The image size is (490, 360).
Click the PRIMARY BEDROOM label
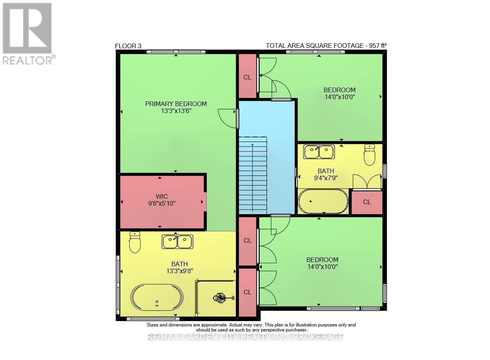(x=176, y=104)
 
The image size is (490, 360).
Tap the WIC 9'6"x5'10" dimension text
(x=162, y=203)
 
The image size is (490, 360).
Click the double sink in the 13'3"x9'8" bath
(x=177, y=242)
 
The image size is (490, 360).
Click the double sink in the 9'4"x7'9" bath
(x=319, y=152)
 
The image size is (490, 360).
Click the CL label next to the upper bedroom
(x=247, y=77)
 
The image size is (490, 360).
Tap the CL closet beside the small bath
(x=367, y=202)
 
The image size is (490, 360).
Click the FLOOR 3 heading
(x=128, y=46)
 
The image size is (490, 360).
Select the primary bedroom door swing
(x=228, y=117)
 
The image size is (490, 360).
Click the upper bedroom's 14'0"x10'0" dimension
(x=340, y=97)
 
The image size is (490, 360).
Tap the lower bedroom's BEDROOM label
(x=322, y=260)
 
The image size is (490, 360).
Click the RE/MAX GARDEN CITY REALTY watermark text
(x=245, y=337)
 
